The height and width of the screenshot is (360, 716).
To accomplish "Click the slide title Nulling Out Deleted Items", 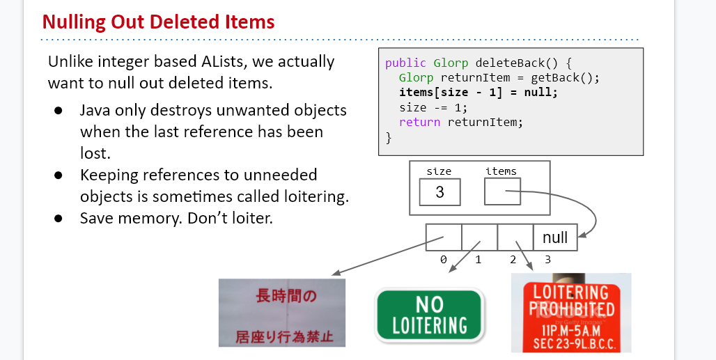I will tap(158, 22).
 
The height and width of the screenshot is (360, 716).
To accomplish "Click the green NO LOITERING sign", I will tap(429, 315).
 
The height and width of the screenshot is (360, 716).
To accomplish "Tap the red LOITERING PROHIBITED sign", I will tap(570, 313).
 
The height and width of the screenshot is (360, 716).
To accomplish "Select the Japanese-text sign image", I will tap(281, 313).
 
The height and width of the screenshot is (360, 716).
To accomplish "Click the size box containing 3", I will tap(439, 191).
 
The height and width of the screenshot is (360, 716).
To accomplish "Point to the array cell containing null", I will tap(554, 237).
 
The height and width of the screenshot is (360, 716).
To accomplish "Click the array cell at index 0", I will tap(443, 237).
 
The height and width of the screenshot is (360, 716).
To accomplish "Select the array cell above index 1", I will tap(479, 237).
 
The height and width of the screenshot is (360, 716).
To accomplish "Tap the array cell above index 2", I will tap(515, 237).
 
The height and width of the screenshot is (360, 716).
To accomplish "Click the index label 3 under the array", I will tap(547, 260).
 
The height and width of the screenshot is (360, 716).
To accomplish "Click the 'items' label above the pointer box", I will tap(501, 171).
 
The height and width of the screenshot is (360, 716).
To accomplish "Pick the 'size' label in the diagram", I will tap(439, 171).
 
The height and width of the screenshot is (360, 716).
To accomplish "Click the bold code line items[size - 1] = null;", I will tap(478, 92).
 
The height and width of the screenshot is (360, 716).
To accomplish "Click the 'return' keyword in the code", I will tap(419, 122).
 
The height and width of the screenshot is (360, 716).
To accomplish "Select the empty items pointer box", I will tap(501, 191).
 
